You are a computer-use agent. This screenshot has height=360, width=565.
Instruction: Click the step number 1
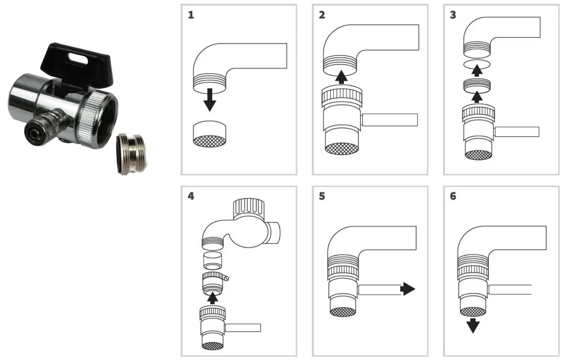[x=191, y=15]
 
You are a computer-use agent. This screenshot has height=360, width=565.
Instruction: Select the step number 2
[x=322, y=15]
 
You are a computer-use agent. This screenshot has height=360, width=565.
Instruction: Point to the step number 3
[x=453, y=15]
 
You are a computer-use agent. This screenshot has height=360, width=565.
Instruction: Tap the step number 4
[x=191, y=196]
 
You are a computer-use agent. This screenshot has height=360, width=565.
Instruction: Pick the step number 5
[x=322, y=196]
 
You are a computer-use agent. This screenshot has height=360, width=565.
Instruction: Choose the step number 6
[x=453, y=196]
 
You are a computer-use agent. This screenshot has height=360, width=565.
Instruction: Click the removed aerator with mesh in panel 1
[x=210, y=134]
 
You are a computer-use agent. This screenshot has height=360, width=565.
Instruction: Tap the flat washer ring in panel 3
[x=477, y=65]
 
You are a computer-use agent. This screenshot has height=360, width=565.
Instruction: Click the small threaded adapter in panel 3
[x=477, y=85]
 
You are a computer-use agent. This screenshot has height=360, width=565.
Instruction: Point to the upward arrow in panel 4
[x=213, y=297]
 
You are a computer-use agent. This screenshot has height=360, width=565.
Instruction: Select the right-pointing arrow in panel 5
[x=408, y=289]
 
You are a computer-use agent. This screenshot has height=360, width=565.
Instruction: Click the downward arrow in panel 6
[x=473, y=326]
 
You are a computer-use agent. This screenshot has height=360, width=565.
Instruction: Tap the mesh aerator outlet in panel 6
[x=473, y=311]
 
